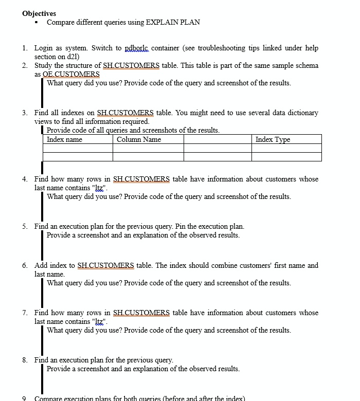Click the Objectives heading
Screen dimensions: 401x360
coord(39,13)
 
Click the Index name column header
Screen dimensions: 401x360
coord(64,139)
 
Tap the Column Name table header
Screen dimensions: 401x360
coord(139,139)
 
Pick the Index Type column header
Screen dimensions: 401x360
coord(273,139)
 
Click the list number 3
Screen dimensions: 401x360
coord(25,113)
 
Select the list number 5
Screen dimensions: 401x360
coord(25,226)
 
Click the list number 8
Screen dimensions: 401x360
coord(25,360)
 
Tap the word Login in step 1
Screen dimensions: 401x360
coord(44,48)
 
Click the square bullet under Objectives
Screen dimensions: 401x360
coord(37,23)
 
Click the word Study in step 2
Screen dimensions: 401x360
coord(44,65)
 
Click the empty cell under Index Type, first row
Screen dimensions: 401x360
coord(286,148)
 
